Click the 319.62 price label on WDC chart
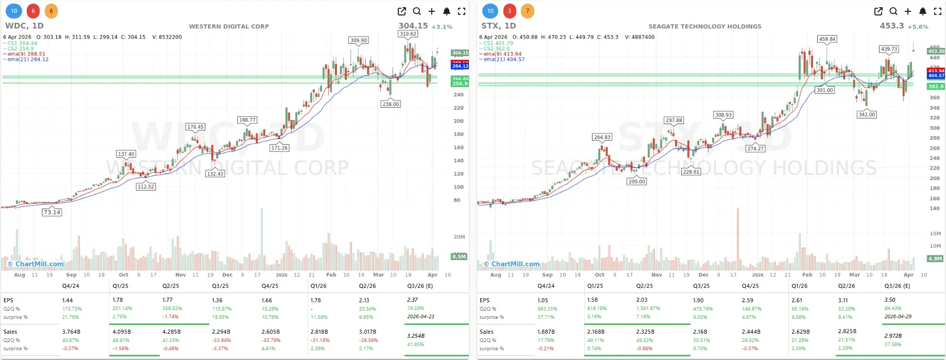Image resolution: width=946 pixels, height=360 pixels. (x=408, y=34)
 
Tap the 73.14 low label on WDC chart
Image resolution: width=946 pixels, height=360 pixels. (x=52, y=212)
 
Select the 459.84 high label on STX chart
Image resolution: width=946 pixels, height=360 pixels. (x=827, y=39)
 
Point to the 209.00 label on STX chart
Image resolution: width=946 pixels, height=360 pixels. (x=637, y=181)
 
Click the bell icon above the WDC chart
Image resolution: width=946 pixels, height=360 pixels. (x=447, y=11)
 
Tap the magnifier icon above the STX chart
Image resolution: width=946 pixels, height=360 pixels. (x=893, y=11)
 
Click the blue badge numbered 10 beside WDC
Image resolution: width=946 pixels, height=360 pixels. (x=14, y=11)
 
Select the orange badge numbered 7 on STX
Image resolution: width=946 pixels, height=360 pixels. (x=527, y=11)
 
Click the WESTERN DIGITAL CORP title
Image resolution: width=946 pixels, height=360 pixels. (x=229, y=26)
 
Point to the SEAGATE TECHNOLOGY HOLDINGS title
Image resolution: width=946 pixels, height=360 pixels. (x=704, y=26)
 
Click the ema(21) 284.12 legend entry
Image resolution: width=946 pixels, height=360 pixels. (x=28, y=60)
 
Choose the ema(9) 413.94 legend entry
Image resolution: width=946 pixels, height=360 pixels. (x=503, y=54)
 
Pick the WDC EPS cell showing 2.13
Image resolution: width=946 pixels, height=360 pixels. (x=364, y=300)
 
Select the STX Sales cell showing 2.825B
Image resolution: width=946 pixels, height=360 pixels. (x=847, y=332)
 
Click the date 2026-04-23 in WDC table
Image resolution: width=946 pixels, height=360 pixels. (x=420, y=317)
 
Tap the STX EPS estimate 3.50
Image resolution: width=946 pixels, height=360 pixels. (x=890, y=300)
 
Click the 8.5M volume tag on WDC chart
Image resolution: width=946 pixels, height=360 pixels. (x=459, y=256)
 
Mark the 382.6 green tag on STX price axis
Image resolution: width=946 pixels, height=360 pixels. (x=936, y=87)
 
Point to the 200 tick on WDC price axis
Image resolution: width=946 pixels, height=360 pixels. (x=458, y=121)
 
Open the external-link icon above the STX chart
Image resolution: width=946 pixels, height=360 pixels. (x=879, y=11)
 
